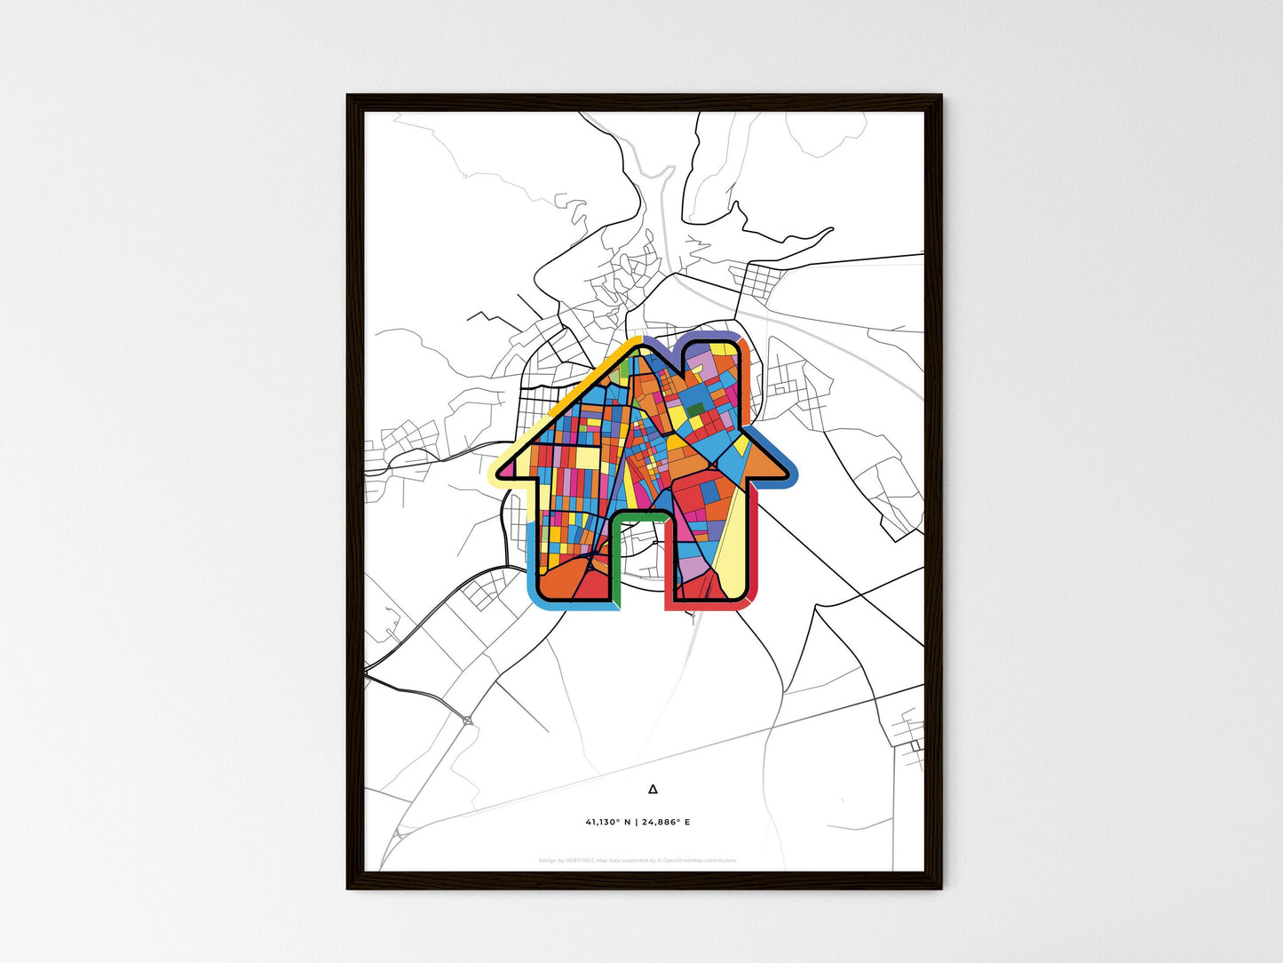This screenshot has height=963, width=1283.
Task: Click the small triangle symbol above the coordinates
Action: click(x=653, y=788)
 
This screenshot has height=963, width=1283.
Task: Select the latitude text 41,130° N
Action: click(x=608, y=822)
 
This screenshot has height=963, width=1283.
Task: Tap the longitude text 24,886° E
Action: click(x=666, y=822)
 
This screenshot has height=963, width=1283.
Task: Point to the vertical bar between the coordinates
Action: click(x=636, y=822)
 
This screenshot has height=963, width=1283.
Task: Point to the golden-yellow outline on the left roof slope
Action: click(x=568, y=391)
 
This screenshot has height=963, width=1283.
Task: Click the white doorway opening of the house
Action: click(x=639, y=569)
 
